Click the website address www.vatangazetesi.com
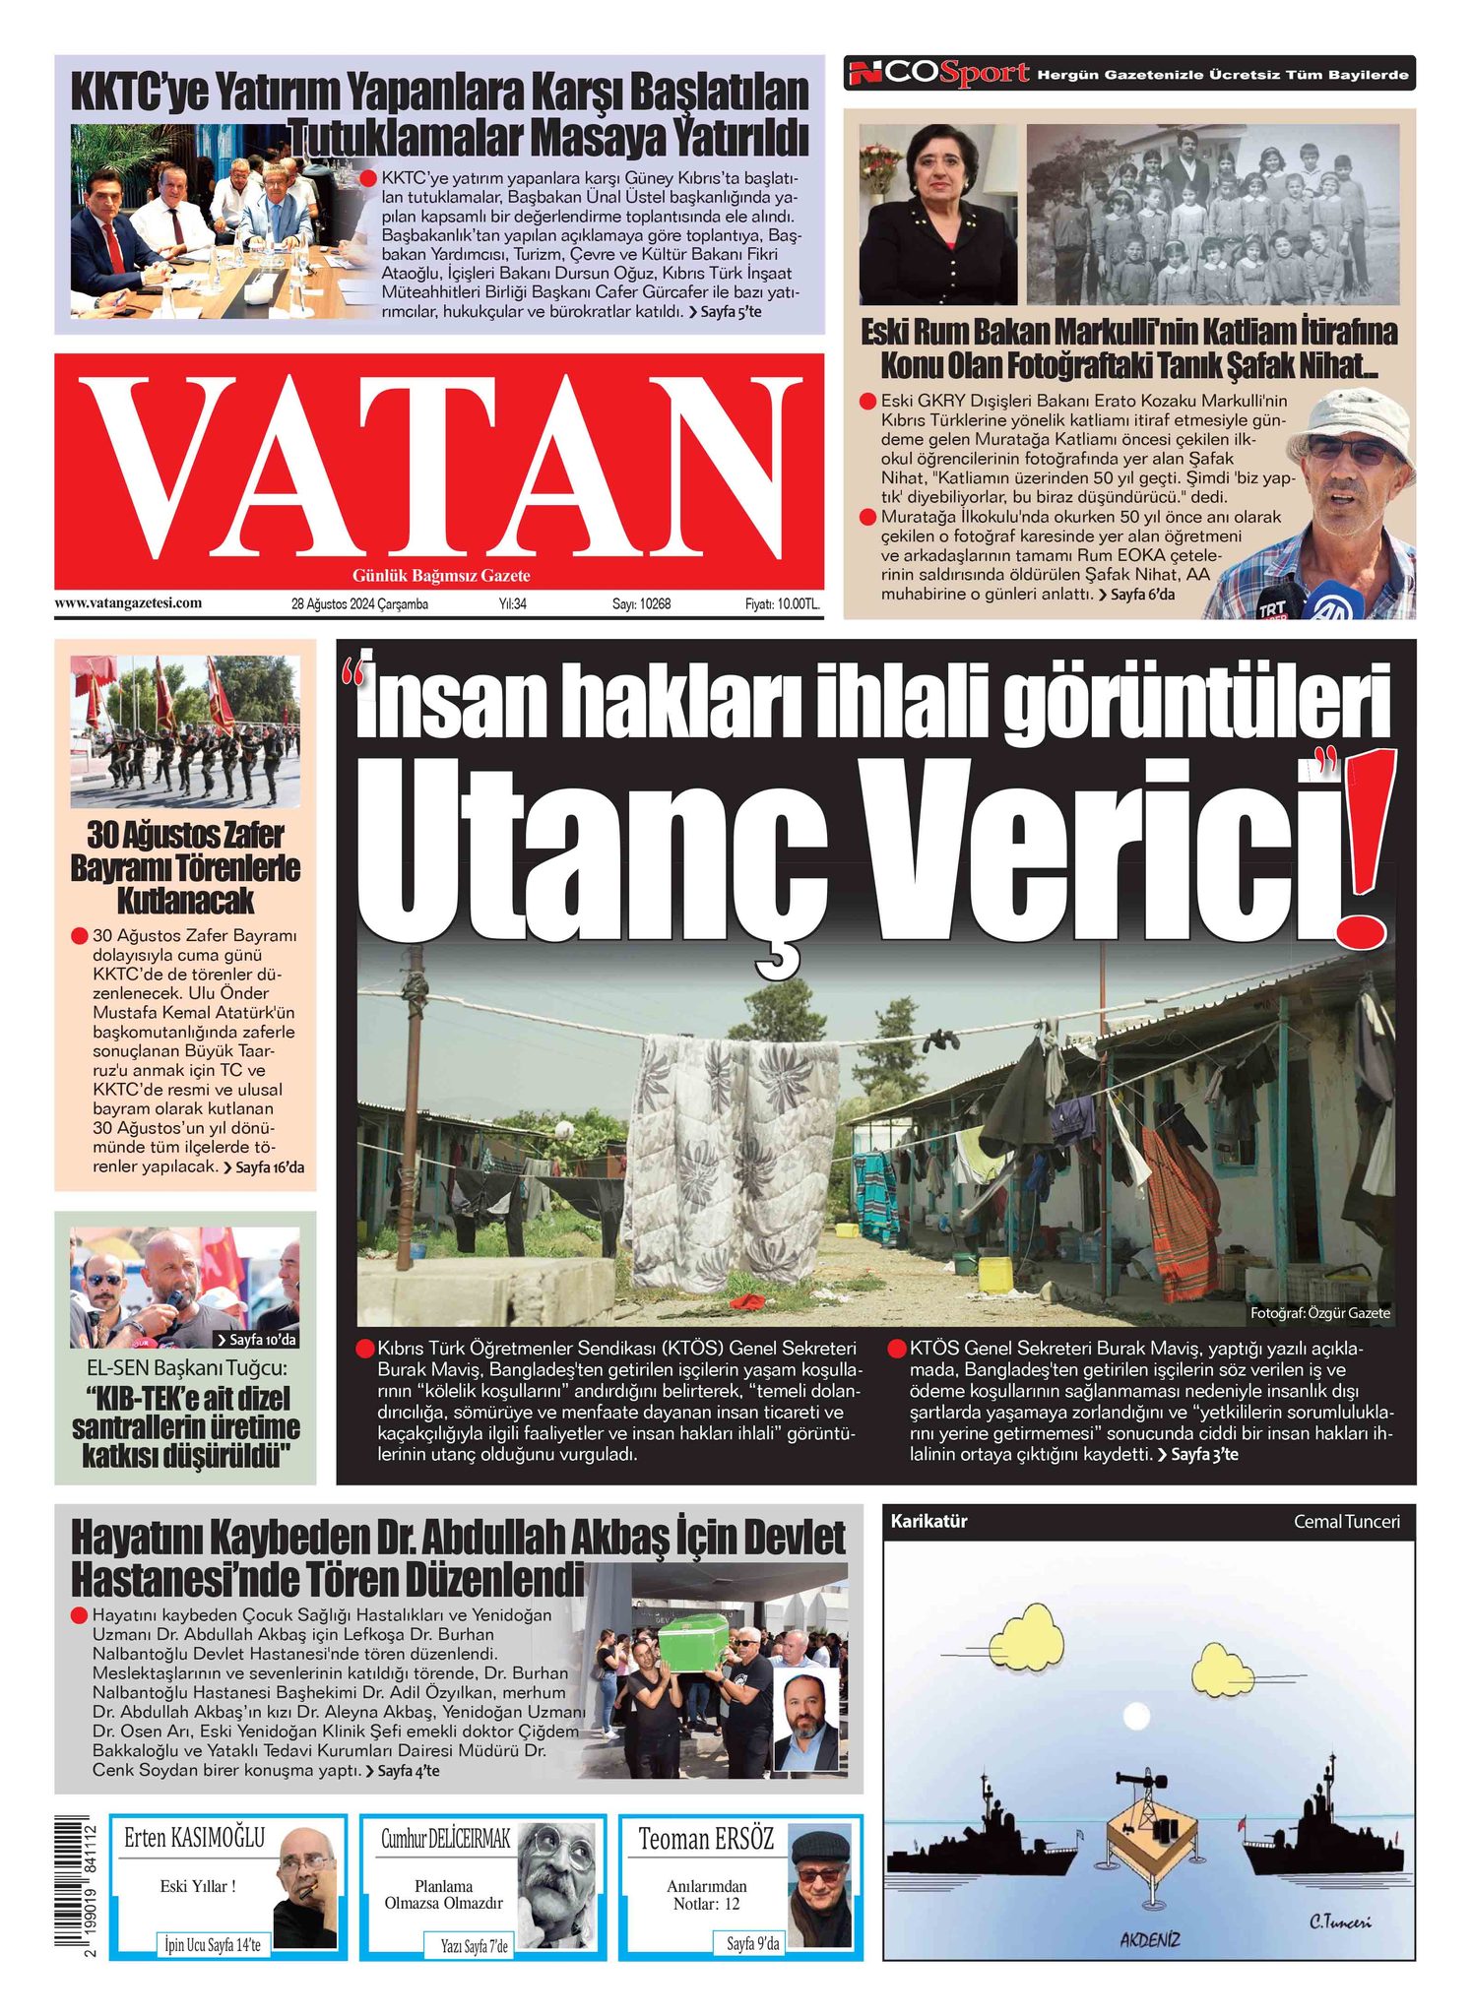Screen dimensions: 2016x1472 (128, 602)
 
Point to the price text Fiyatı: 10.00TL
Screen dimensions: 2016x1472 (782, 604)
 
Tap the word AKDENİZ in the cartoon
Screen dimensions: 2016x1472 (1149, 1939)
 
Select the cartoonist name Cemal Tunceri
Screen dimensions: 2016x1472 (1346, 1521)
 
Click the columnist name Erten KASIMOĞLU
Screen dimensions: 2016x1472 (194, 1838)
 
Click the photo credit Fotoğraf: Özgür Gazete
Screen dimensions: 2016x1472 (1319, 1313)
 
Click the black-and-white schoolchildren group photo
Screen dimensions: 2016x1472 (1211, 214)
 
